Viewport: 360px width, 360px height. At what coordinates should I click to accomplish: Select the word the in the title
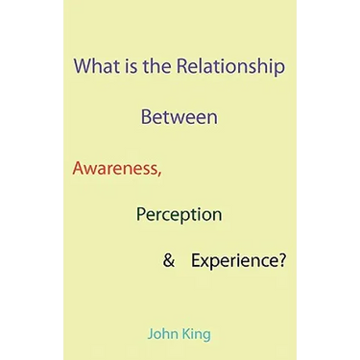click(156, 66)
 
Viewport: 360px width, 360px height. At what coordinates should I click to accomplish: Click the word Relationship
click(230, 68)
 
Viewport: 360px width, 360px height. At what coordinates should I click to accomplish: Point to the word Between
click(180, 117)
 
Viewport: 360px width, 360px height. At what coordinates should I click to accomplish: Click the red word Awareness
click(114, 168)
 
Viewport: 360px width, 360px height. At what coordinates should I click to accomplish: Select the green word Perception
click(179, 215)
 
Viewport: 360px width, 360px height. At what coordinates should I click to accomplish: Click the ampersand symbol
click(169, 260)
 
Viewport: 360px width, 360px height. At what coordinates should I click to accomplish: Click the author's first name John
click(163, 334)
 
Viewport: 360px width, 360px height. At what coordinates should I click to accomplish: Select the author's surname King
click(197, 335)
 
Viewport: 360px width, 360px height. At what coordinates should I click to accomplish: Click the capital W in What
click(83, 66)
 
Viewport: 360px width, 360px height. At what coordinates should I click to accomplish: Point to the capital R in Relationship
click(181, 66)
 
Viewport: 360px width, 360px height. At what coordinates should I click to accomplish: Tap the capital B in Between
click(146, 117)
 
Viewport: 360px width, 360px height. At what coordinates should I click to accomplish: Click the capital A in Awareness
click(79, 168)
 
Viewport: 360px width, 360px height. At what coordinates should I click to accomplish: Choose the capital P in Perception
click(141, 214)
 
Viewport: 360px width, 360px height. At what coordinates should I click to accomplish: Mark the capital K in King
click(187, 334)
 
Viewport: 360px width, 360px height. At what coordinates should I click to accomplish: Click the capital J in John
click(151, 335)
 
